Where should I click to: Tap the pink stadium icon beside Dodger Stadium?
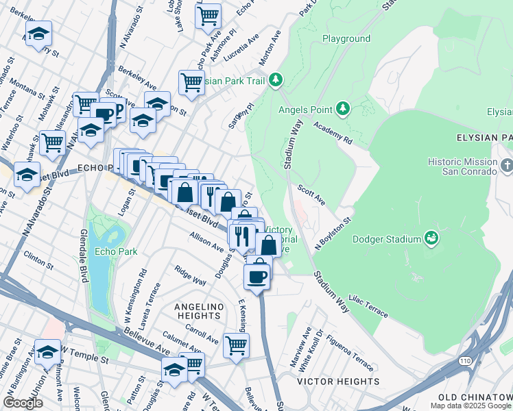(431, 238)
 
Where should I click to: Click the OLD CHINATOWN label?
(475, 397)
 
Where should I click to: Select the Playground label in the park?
(346, 39)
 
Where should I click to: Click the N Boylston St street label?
(333, 233)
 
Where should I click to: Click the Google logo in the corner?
(23, 403)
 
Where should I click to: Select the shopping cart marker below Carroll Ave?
(236, 345)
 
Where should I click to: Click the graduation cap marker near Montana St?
(39, 34)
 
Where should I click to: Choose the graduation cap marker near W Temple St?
(47, 352)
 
